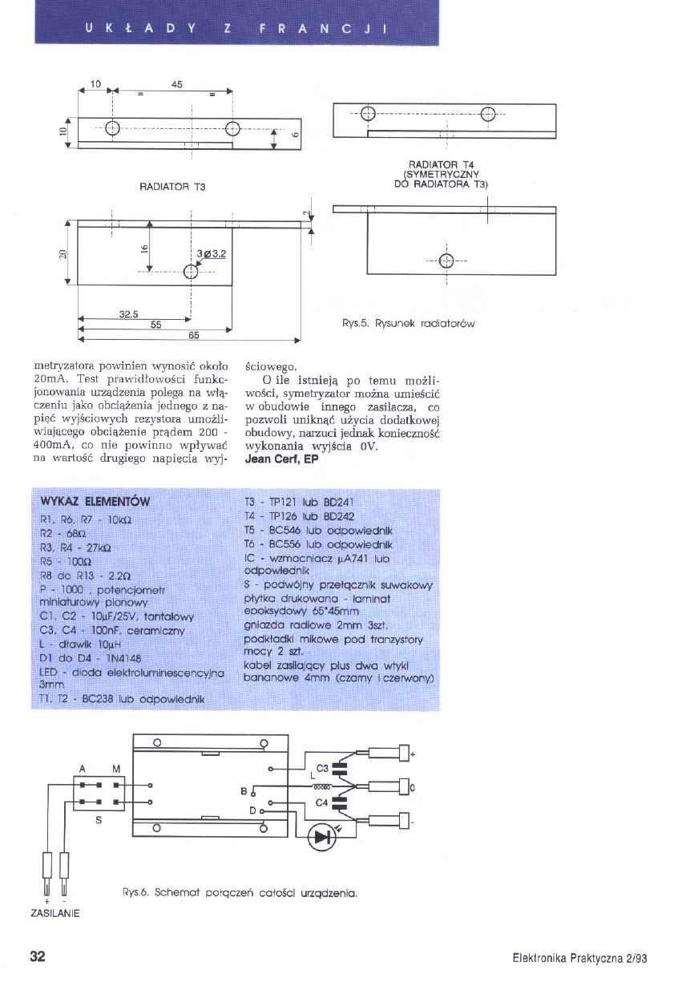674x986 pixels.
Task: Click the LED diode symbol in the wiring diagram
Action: click(324, 838)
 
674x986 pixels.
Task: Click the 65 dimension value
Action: click(194, 334)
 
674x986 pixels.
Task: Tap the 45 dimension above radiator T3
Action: click(177, 83)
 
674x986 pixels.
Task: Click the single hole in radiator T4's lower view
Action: click(446, 259)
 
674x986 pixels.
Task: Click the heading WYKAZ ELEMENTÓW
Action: click(95, 503)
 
